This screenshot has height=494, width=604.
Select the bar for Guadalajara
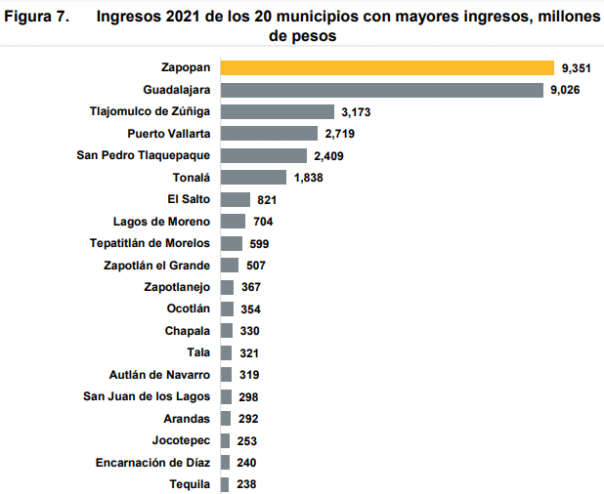(x=382, y=90)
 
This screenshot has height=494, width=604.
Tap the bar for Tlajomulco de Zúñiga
(x=278, y=111)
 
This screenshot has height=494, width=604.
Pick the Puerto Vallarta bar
(x=270, y=133)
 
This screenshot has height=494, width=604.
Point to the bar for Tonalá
(x=254, y=177)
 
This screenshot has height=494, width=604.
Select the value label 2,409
(x=327, y=155)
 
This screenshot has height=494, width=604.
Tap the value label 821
(x=264, y=199)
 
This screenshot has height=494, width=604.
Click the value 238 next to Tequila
(x=246, y=484)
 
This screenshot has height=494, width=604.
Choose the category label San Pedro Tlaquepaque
(x=144, y=155)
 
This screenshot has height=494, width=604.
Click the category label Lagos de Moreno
(x=161, y=222)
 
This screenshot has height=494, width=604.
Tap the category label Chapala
(x=188, y=331)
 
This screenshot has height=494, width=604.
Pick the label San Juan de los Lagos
(x=147, y=396)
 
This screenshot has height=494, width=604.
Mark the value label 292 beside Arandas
(x=248, y=418)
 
